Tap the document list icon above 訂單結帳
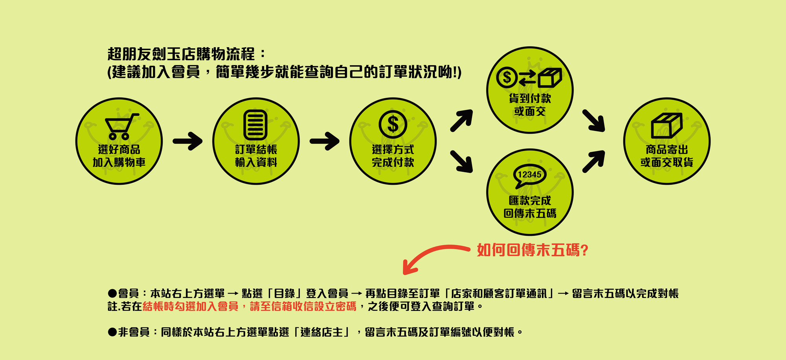click(x=255, y=125)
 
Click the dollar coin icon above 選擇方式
click(x=393, y=124)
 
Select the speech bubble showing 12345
click(x=529, y=175)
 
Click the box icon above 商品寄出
click(x=667, y=125)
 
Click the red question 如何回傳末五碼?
click(x=532, y=250)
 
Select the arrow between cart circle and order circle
click(x=187, y=141)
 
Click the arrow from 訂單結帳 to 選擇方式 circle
click(x=324, y=141)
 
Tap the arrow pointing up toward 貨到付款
click(x=461, y=120)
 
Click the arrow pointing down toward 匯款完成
click(x=461, y=162)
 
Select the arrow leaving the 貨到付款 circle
click(x=593, y=120)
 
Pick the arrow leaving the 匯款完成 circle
click(x=593, y=162)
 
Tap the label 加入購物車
click(x=119, y=162)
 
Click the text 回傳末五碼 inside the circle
click(x=530, y=213)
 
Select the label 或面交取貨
click(x=667, y=162)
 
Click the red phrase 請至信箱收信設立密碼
click(x=303, y=306)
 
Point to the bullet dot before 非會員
click(x=112, y=332)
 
